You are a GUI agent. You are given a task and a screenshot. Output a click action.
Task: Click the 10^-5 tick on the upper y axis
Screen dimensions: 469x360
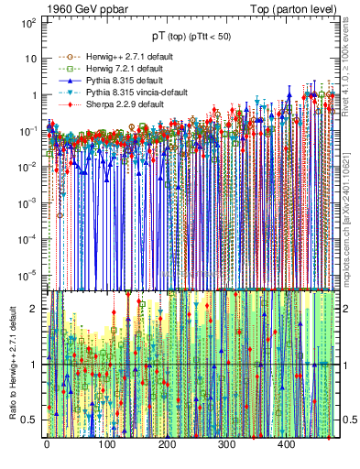28,272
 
